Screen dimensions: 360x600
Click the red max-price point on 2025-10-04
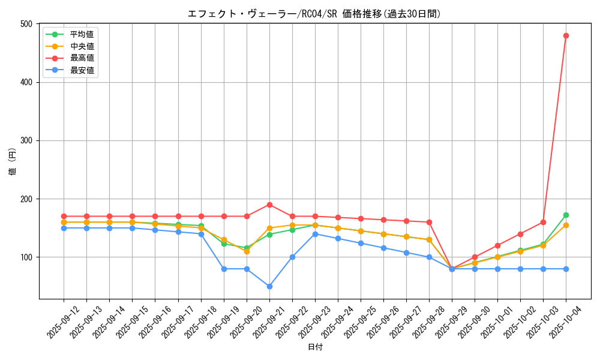tap(566, 35)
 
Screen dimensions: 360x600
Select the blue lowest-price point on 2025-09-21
tap(269, 286)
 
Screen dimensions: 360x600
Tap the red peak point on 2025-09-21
tap(269, 205)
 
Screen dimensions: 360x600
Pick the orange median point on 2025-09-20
tap(247, 251)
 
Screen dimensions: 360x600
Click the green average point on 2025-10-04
tap(566, 215)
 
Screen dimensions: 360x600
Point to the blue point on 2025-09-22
tap(292, 257)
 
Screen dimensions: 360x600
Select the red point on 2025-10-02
tap(520, 234)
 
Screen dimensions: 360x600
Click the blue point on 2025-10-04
tap(566, 269)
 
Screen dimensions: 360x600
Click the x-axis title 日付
tap(315, 347)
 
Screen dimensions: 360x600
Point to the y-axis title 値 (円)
tap(13, 161)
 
